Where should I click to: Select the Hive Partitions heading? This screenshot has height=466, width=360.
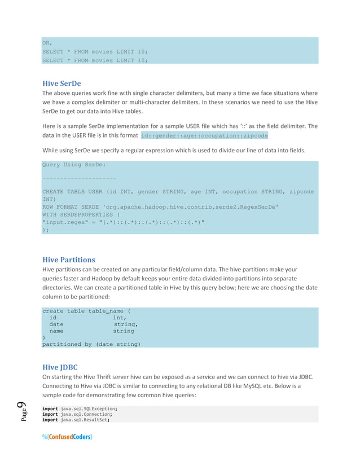[x=69, y=260]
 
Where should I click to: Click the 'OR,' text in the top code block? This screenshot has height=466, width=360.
[x=47, y=42]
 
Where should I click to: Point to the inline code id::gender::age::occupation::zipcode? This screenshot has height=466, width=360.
[x=204, y=136]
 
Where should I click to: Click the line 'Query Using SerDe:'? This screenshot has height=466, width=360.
[x=74, y=165]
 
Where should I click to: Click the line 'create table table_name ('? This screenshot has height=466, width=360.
[x=86, y=311]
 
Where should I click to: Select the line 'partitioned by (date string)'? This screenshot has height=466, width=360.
[x=91, y=344]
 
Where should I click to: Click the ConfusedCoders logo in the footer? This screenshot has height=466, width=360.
[x=67, y=437]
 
